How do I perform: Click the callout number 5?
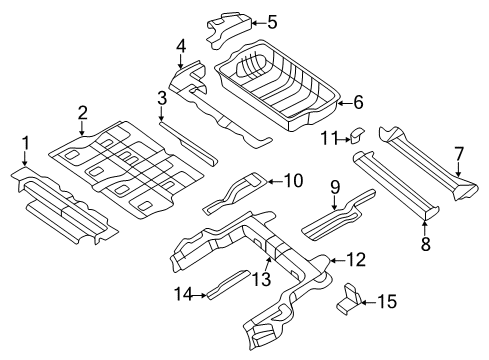tap(272, 23)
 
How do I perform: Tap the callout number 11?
tap(330, 138)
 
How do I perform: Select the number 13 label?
tap(261, 279)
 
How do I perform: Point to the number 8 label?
tap(426, 244)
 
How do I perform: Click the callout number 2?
tap(82, 113)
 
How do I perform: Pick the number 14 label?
tap(184, 295)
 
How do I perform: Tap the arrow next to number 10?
tap(275, 182)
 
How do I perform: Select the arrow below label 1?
tap(25, 158)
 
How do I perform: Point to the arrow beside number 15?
tap(369, 302)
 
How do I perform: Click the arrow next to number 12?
tap(337, 261)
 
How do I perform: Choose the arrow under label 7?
tap(459, 169)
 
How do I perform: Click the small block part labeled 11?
tap(357, 135)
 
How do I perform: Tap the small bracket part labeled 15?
tap(349, 298)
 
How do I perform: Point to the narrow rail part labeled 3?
tap(188, 144)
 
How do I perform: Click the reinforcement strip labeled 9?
tap(337, 215)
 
